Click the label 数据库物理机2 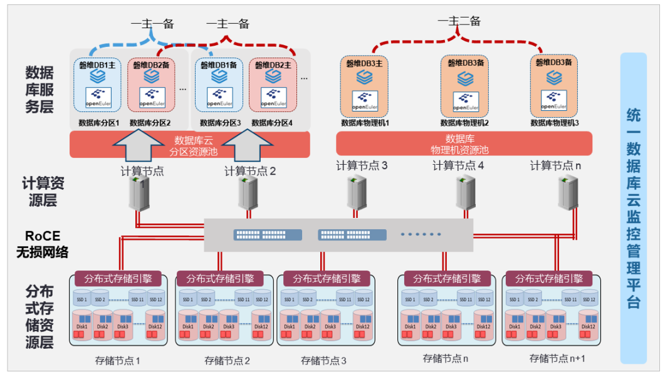[464, 123]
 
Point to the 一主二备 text [459, 21]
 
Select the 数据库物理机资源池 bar [464, 144]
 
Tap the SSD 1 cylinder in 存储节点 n [410, 299]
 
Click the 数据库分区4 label [272, 123]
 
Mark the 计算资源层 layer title [43, 192]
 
